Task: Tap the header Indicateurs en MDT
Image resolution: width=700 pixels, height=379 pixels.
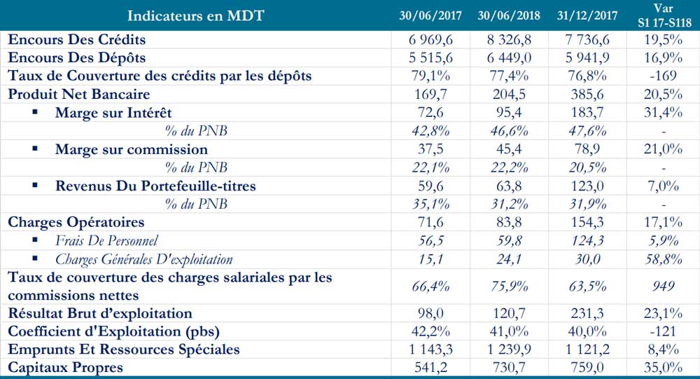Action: pos(195,15)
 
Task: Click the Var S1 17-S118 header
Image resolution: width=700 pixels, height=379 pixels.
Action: pos(662,15)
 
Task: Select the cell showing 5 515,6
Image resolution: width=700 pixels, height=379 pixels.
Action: pos(430,58)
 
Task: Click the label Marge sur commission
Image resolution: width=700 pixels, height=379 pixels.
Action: pos(132,149)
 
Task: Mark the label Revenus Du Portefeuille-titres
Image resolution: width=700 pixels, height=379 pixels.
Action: pos(156,186)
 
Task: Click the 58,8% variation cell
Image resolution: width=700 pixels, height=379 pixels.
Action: pos(662,259)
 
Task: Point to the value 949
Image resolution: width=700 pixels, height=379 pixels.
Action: pos(662,286)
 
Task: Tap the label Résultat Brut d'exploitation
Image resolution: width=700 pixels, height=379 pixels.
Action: pos(100,313)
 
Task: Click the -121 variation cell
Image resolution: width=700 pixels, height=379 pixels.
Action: pos(662,331)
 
